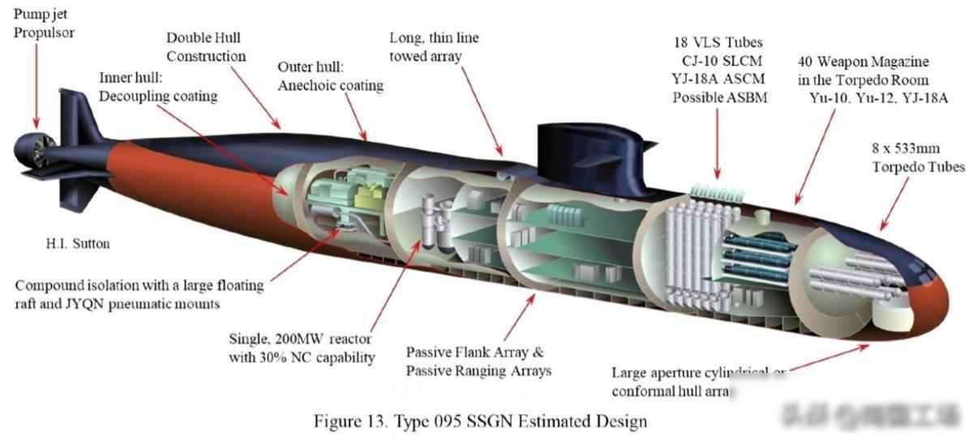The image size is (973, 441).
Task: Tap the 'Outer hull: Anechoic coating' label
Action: pyautogui.click(x=330, y=75)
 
